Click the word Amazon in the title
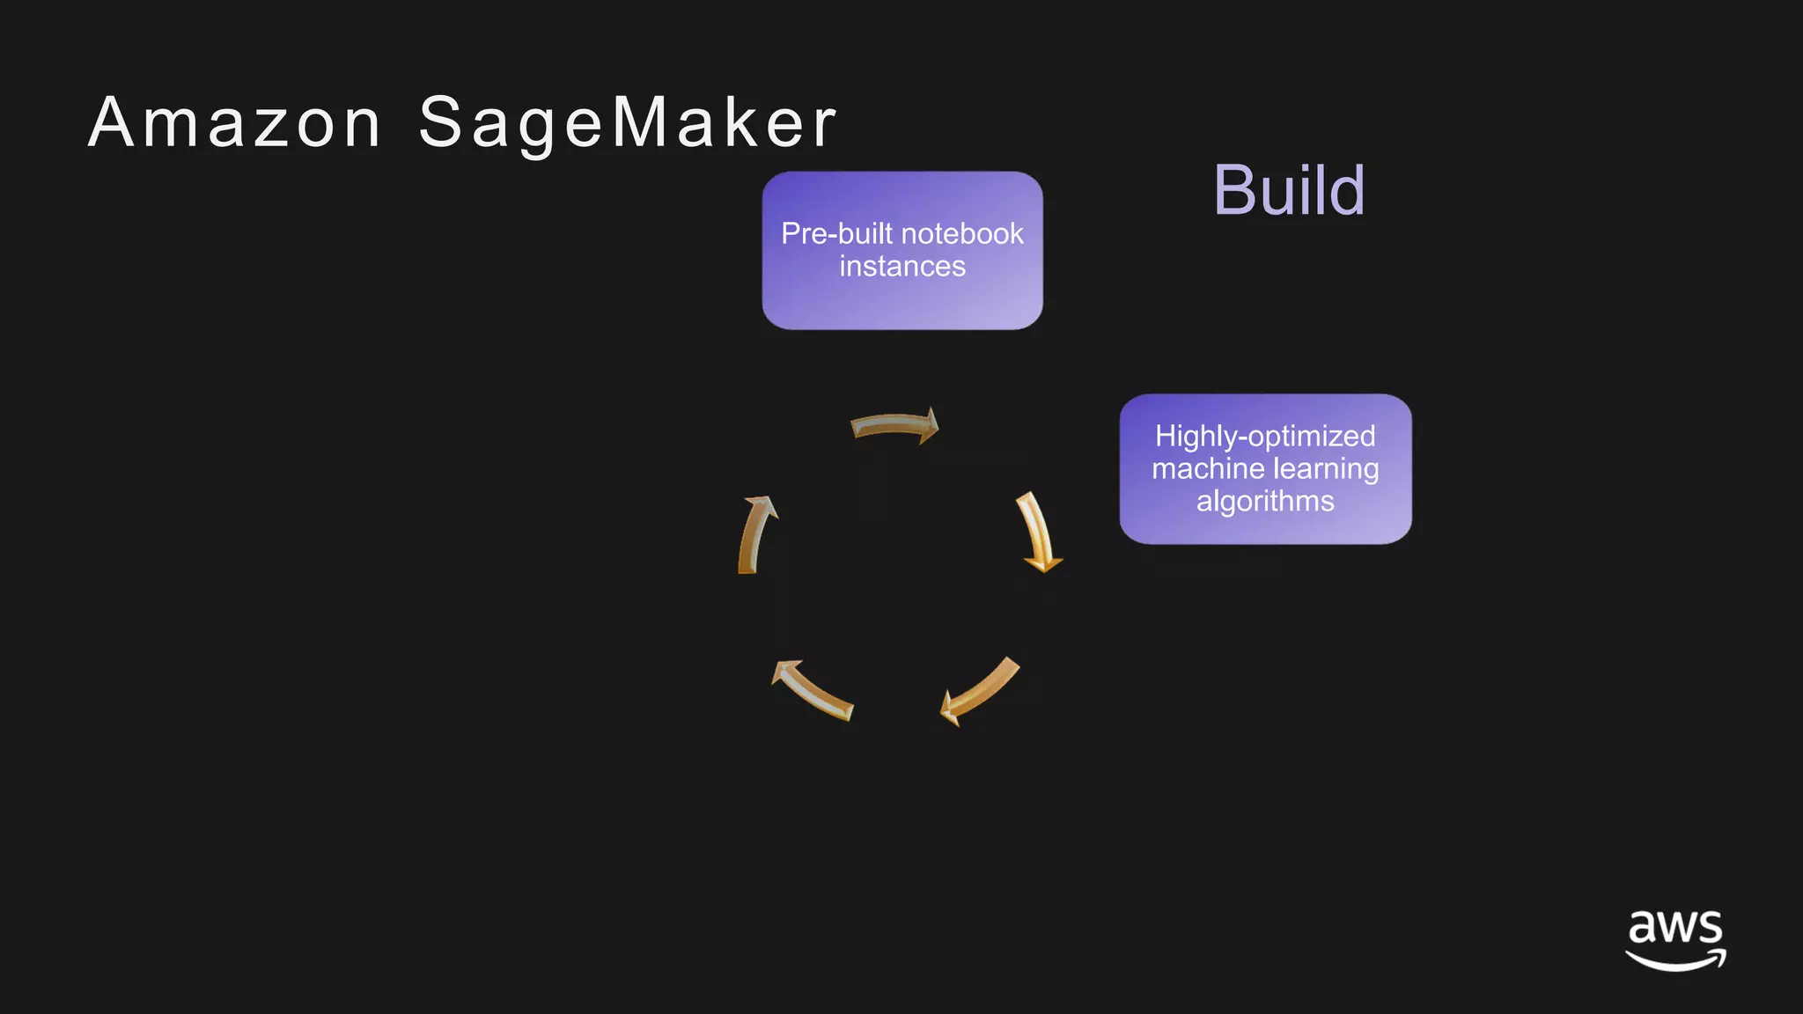click(234, 123)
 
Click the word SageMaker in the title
click(627, 123)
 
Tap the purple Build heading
click(1289, 190)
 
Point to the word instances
click(902, 267)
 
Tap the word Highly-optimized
click(1265, 437)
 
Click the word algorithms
click(1265, 502)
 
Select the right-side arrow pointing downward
click(1038, 533)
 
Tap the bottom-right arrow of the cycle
click(981, 692)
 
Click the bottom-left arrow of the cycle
click(812, 690)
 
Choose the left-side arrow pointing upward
click(754, 534)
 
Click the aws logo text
click(1675, 928)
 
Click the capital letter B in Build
click(1234, 190)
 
